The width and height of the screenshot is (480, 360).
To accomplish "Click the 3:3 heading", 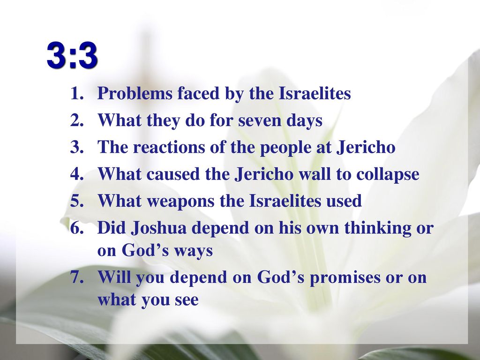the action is click(x=73, y=56).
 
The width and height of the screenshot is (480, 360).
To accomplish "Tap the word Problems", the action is click(x=135, y=93).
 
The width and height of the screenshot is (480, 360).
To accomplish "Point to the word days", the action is click(x=304, y=120).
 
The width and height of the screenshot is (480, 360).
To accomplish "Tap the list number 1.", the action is click(x=77, y=93).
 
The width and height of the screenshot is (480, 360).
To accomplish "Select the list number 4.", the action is click(x=77, y=174).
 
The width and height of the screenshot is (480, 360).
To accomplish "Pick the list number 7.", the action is click(x=77, y=277).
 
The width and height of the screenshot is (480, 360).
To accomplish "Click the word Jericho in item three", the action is click(x=366, y=147).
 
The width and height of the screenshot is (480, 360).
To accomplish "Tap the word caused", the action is click(x=173, y=174).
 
